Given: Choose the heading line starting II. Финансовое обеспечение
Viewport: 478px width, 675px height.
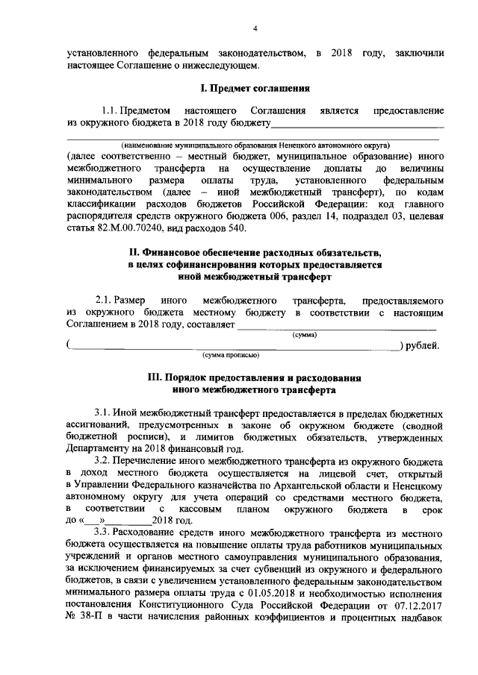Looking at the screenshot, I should point(253,251).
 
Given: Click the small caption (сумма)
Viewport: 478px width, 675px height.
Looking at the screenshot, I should point(303,335).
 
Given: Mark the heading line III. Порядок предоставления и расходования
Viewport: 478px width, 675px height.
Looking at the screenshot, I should point(253,377).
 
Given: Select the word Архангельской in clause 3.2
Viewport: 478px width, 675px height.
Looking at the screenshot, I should point(285,486).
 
